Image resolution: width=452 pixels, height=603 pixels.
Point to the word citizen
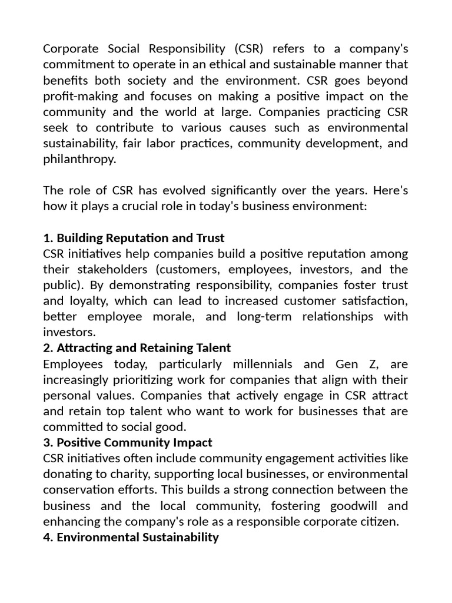click(376, 521)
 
